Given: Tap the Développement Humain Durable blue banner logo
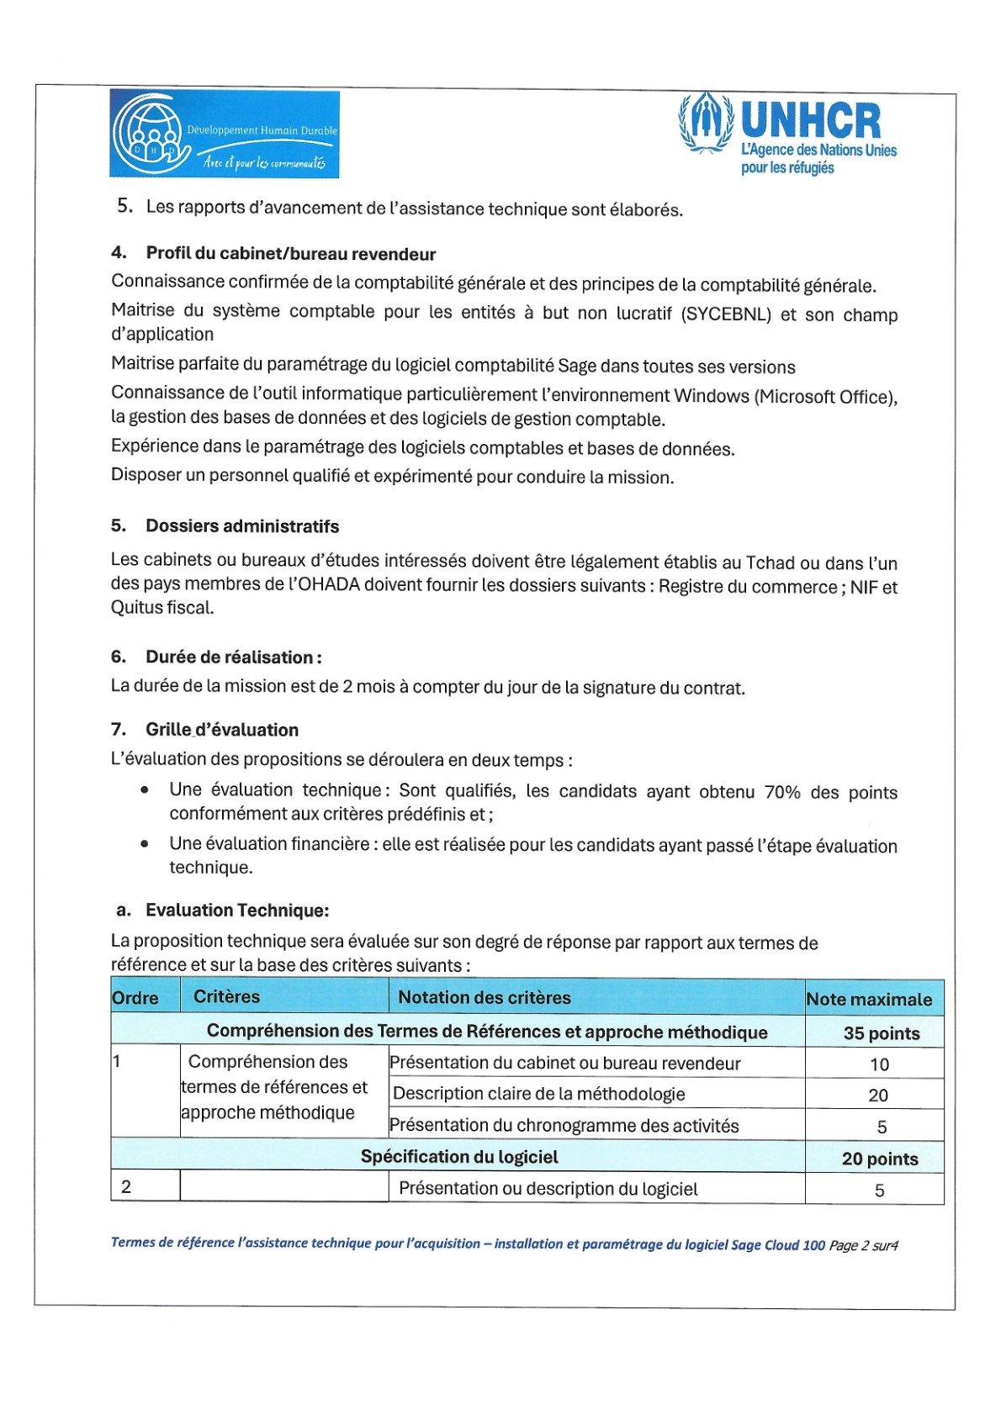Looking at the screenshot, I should [x=224, y=134].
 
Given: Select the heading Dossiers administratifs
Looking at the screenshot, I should [x=241, y=526].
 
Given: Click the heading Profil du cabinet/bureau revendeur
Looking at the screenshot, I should [x=290, y=254].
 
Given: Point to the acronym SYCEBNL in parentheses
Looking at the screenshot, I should [x=725, y=314].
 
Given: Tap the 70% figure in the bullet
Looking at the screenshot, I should [x=781, y=792].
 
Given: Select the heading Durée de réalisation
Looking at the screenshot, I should [x=233, y=657].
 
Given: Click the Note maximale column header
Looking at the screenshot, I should [x=869, y=999].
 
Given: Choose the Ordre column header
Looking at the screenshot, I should [x=135, y=998].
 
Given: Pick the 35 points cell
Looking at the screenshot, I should [x=881, y=1033].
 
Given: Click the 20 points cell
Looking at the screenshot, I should [x=879, y=1159].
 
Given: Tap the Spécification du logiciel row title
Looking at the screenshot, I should [x=459, y=1157].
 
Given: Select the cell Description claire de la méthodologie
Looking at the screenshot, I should [x=538, y=1094].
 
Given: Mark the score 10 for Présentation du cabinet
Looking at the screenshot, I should [x=879, y=1064].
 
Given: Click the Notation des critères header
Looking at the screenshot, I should [x=484, y=997].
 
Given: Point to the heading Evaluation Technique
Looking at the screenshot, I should [x=236, y=911].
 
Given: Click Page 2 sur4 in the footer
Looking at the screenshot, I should [x=863, y=1245].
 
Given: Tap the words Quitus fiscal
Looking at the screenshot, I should [x=162, y=608].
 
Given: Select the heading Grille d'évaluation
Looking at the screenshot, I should [x=221, y=730].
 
